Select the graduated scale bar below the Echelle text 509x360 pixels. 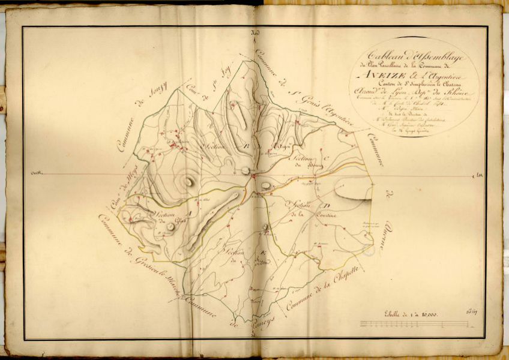(415, 324)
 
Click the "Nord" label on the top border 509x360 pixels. (254, 32)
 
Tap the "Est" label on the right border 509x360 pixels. (478, 175)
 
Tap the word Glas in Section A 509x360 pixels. (164, 221)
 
